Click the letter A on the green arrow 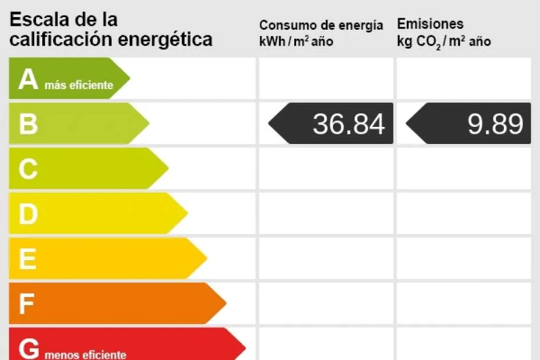28,80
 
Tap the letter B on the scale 28,124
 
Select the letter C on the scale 28,169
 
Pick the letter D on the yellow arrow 28,214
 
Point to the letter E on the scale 27,259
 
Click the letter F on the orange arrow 26,304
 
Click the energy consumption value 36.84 349,124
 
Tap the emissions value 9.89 495,124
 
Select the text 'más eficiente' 78,86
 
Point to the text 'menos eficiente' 85,355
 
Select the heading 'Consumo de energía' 321,25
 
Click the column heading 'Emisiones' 430,24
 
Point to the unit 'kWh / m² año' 296,42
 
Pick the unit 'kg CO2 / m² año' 444,42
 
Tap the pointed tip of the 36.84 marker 270,123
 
